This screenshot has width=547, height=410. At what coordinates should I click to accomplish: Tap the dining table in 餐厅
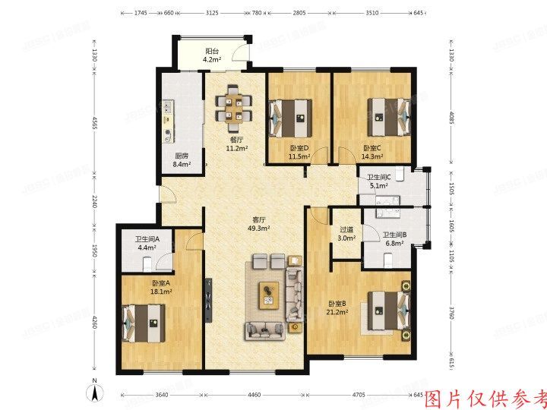click(x=234, y=107)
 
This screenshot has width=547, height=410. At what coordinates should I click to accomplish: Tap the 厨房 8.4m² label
click(x=182, y=159)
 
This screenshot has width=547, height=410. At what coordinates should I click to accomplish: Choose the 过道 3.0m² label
click(x=346, y=234)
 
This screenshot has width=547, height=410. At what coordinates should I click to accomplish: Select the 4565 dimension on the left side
click(x=93, y=124)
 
